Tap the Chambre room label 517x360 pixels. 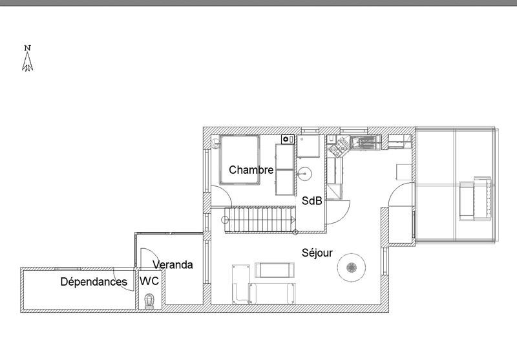(x=251, y=170)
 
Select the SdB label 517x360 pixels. (x=311, y=201)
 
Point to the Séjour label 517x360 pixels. (x=317, y=253)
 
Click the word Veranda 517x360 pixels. (x=173, y=265)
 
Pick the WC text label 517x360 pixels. (x=149, y=281)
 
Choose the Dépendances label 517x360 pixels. (x=94, y=282)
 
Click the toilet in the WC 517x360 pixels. (x=149, y=302)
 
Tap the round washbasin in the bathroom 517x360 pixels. (x=304, y=174)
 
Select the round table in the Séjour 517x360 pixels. (x=351, y=268)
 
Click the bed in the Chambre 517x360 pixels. (x=240, y=160)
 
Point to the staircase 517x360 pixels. (x=260, y=220)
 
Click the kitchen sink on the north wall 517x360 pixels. (x=364, y=143)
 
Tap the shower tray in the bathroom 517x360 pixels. (x=309, y=145)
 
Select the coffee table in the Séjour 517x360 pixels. (x=275, y=270)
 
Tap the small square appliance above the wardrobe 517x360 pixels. (x=288, y=140)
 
